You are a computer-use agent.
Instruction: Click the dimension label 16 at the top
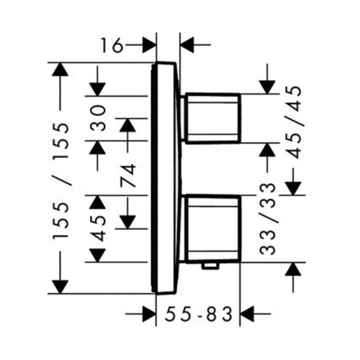112,45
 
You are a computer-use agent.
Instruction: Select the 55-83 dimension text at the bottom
198,314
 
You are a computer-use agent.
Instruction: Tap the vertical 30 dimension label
98,119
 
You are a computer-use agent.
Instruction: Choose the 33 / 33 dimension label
267,219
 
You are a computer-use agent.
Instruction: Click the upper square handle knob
213,119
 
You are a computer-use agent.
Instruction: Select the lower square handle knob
213,229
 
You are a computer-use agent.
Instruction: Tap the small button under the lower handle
210,266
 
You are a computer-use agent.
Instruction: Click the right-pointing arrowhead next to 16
149,45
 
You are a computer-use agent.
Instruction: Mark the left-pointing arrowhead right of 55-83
247,313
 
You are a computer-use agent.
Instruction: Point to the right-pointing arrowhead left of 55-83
149,313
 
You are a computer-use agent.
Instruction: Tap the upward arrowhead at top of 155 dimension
60,69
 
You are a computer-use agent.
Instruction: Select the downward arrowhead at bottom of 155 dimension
60,287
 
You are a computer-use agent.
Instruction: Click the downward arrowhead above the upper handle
267,87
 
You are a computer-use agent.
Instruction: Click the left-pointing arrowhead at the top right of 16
187,45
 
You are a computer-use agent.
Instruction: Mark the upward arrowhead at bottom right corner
293,269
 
